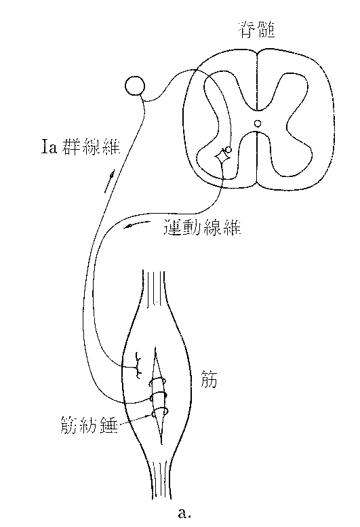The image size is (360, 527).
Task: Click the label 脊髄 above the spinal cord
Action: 257,30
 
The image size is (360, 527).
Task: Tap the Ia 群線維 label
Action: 81,147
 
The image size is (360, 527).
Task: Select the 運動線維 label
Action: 203,227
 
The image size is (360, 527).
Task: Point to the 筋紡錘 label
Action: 89,425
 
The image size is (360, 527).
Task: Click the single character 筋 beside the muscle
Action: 208,379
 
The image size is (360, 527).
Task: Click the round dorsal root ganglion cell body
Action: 135,86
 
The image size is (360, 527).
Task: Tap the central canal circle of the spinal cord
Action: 257,123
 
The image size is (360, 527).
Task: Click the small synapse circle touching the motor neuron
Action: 228,149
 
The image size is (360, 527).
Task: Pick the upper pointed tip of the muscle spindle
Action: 155,347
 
